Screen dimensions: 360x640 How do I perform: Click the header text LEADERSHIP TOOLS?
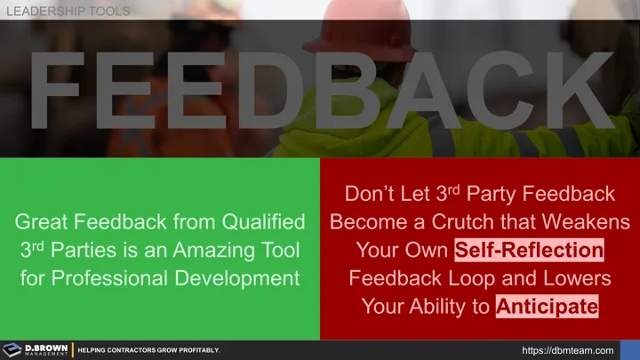[68, 11]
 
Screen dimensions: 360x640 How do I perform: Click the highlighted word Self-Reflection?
[530, 250]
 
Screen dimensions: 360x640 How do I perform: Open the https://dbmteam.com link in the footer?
[569, 350]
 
